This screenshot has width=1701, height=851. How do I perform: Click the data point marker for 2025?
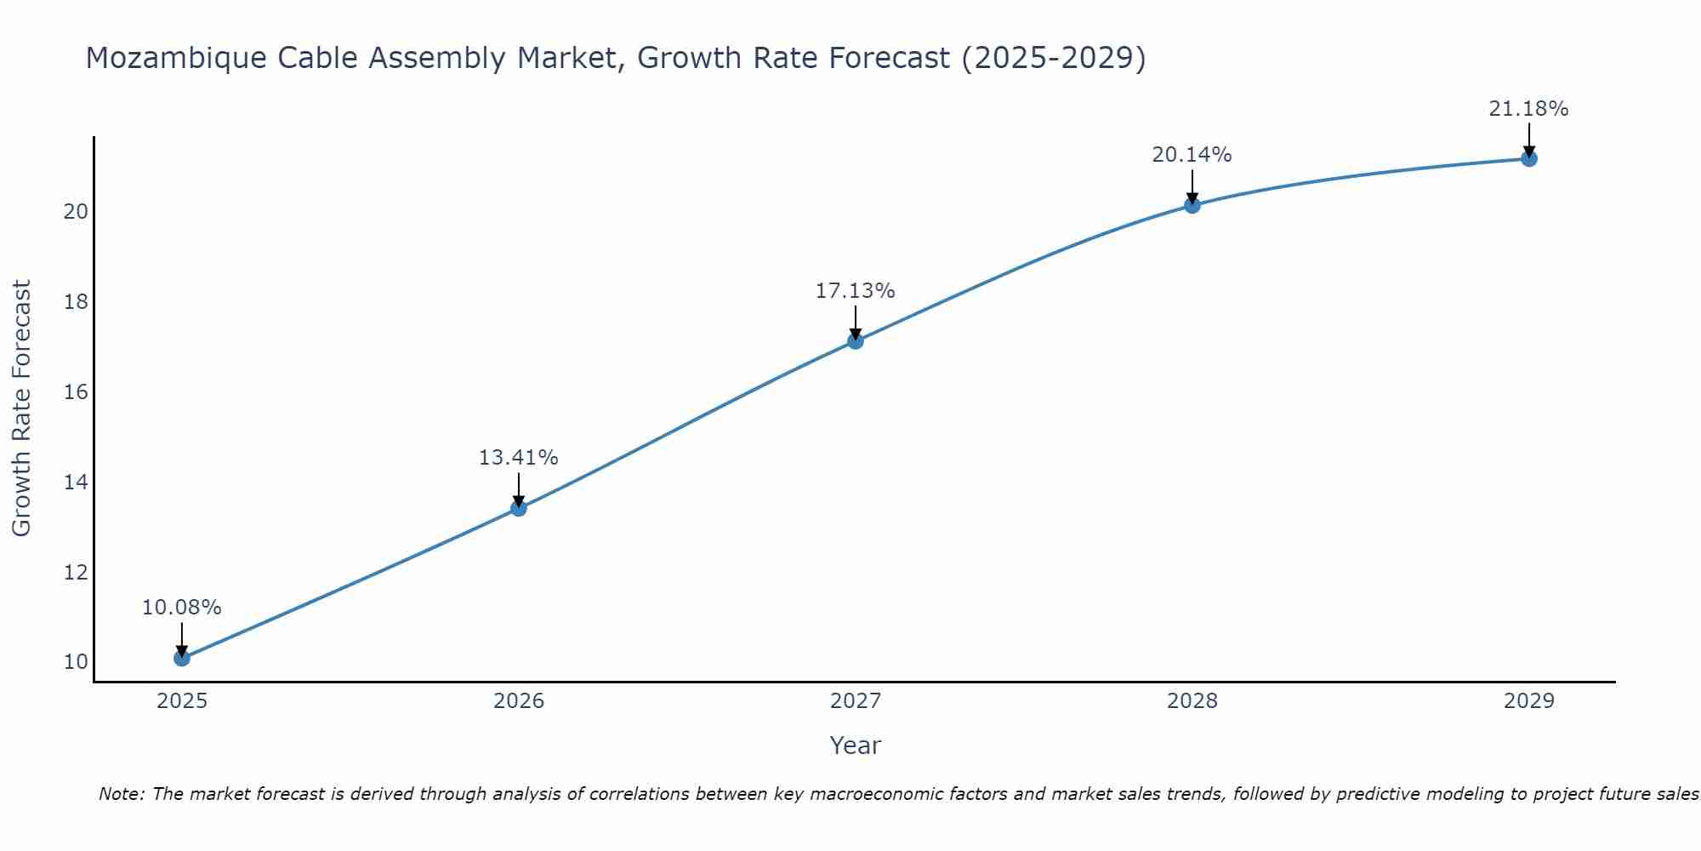pos(181,658)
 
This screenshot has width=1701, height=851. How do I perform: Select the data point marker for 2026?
pos(518,508)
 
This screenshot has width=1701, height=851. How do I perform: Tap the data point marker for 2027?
pos(855,341)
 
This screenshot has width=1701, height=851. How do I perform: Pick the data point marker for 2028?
pos(1192,205)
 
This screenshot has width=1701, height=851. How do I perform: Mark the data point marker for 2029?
pos(1528,158)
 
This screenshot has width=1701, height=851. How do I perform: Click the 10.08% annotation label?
pos(181,608)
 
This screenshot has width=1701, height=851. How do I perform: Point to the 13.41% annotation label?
pos(518,458)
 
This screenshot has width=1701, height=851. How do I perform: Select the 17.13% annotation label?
pos(855,291)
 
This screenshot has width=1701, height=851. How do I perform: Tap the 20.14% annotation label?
pos(1192,155)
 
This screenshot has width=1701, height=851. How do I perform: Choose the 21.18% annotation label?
pos(1528,109)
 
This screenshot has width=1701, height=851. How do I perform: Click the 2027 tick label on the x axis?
pos(855,701)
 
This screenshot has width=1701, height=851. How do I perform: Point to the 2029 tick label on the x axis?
pos(1528,701)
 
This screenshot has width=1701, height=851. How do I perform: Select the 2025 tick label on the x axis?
pos(181,701)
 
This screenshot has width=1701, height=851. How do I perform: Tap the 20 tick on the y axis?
pos(76,212)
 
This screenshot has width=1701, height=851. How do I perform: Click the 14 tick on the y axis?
pos(76,483)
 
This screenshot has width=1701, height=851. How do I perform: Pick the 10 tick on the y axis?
pos(76,662)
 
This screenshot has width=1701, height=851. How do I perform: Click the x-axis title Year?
pos(855,745)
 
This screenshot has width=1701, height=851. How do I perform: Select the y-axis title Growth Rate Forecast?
pos(21,408)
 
